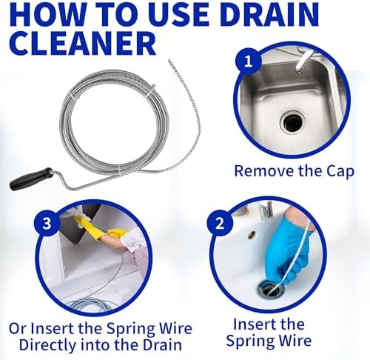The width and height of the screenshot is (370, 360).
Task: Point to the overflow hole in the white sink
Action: (x=252, y=236)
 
